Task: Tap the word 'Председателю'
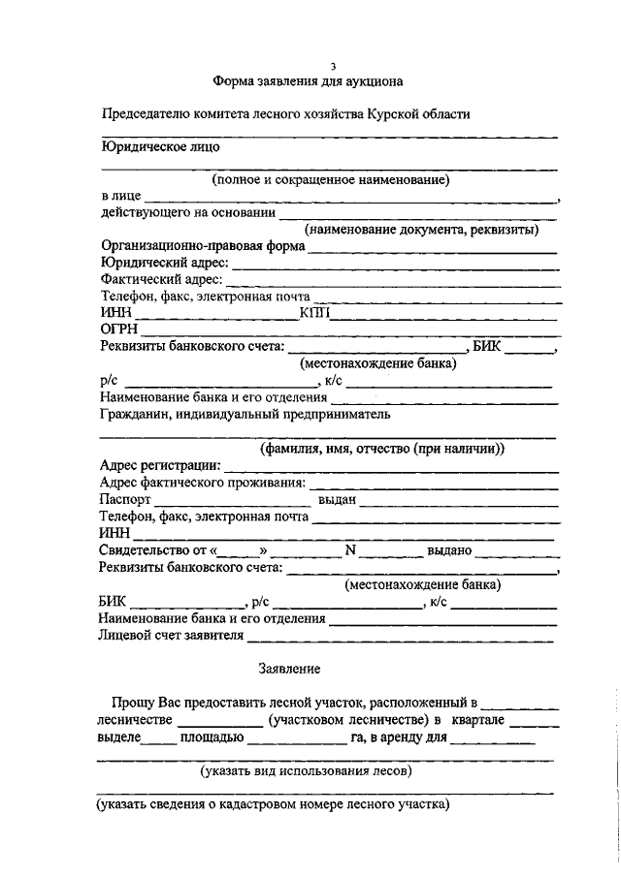[x=147, y=114]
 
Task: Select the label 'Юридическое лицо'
[x=160, y=147]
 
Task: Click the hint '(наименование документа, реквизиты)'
[x=420, y=230]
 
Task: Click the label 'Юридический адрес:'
[x=164, y=263]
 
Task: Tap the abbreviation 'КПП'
[x=316, y=312]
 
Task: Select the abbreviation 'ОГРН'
[x=119, y=329]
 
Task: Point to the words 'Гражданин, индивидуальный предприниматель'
[x=245, y=414]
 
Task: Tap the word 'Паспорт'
[x=126, y=500]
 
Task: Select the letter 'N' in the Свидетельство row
[x=351, y=550]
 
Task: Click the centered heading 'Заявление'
[x=288, y=669]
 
